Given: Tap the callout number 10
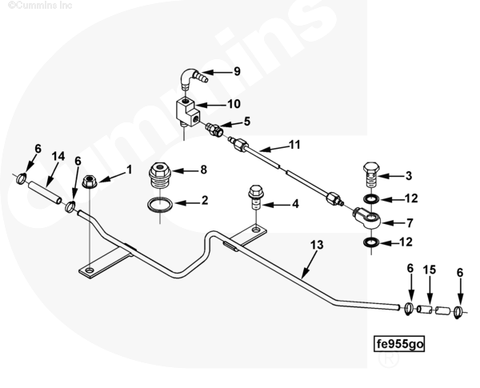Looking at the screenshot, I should [234, 104].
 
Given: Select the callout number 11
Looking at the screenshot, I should [294, 146].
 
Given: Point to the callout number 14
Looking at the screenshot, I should [58, 156].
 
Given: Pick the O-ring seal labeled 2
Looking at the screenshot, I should [161, 206].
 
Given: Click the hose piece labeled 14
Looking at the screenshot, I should [44, 193].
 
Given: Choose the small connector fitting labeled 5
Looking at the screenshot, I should [214, 128].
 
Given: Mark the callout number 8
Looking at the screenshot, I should [203, 170].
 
